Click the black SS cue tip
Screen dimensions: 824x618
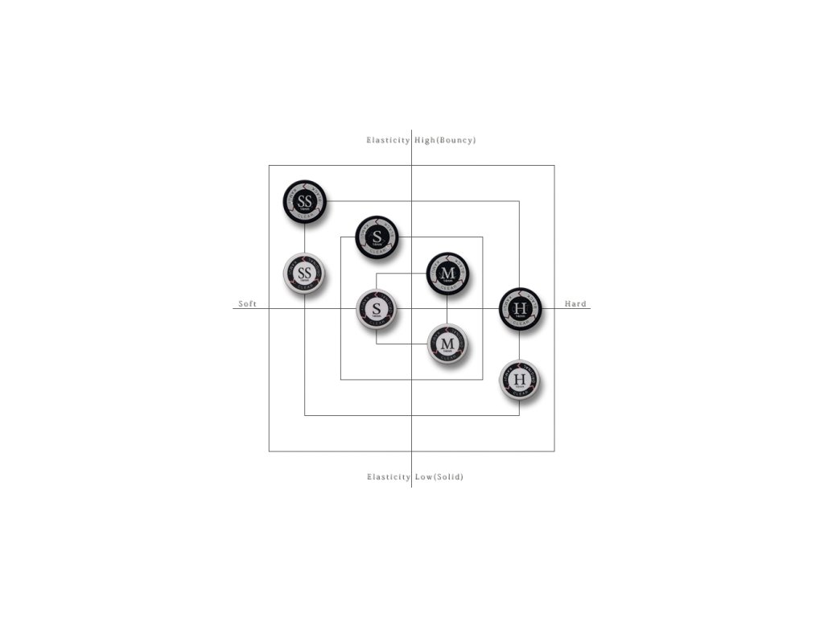pyautogui.click(x=305, y=201)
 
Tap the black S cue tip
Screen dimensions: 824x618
pyautogui.click(x=377, y=237)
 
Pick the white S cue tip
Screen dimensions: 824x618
pyautogui.click(x=377, y=310)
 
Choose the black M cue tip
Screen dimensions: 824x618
pyautogui.click(x=447, y=274)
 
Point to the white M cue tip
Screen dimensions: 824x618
pyautogui.click(x=448, y=344)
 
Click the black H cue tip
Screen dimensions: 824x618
pyautogui.click(x=520, y=309)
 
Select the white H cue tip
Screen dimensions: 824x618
pyautogui.click(x=520, y=381)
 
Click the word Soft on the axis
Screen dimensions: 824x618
pyautogui.click(x=247, y=304)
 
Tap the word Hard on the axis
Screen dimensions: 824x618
pyautogui.click(x=575, y=304)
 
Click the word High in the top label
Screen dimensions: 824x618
pyautogui.click(x=424, y=140)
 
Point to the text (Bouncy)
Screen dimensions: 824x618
pyautogui.click(x=456, y=140)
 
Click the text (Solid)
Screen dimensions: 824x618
pyautogui.click(x=450, y=477)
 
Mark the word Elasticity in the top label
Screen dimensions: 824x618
pyautogui.click(x=389, y=140)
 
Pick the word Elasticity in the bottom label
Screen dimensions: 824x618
pyautogui.click(x=389, y=477)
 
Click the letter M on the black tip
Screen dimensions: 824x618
pyautogui.click(x=447, y=272)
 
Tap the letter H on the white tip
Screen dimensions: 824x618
pyautogui.click(x=520, y=379)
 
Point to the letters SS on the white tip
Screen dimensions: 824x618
pyautogui.click(x=305, y=273)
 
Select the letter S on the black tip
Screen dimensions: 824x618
pyautogui.click(x=377, y=236)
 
